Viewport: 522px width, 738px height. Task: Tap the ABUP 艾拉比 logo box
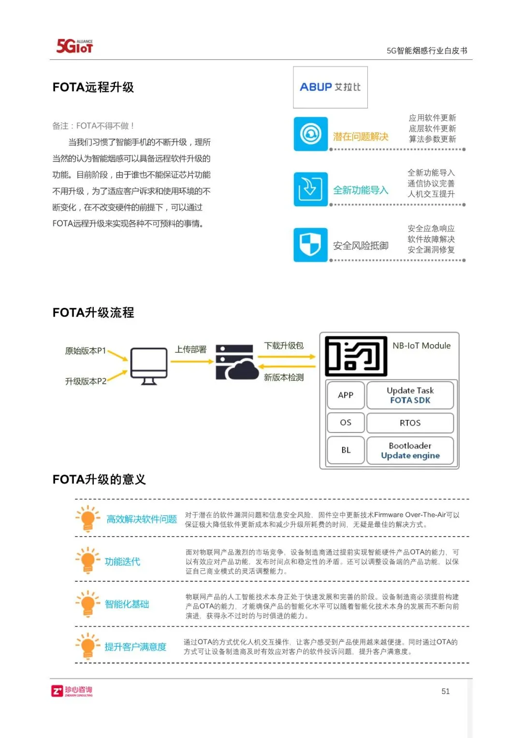(x=330, y=87)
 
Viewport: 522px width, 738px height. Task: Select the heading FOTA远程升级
(x=93, y=87)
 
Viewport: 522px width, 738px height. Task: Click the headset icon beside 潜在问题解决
(x=310, y=134)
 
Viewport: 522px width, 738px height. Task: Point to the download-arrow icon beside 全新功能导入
(x=310, y=189)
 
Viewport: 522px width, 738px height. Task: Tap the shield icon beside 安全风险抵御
(x=310, y=245)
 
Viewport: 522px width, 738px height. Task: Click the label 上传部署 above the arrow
(x=190, y=349)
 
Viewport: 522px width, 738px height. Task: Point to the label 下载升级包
(x=284, y=346)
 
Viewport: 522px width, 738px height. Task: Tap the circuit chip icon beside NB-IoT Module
(x=356, y=356)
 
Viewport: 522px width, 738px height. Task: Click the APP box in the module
(x=346, y=395)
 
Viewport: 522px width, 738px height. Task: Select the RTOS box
(x=410, y=423)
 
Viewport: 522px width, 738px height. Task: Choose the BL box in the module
(x=346, y=450)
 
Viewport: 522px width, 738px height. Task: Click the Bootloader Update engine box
(x=410, y=450)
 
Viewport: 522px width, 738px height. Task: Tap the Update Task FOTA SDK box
(x=410, y=395)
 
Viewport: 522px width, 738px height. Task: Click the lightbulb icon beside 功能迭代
(x=87, y=561)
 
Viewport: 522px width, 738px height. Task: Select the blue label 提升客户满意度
(x=135, y=647)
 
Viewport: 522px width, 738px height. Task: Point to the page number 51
(x=445, y=691)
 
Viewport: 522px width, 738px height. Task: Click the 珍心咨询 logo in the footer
(x=72, y=691)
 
